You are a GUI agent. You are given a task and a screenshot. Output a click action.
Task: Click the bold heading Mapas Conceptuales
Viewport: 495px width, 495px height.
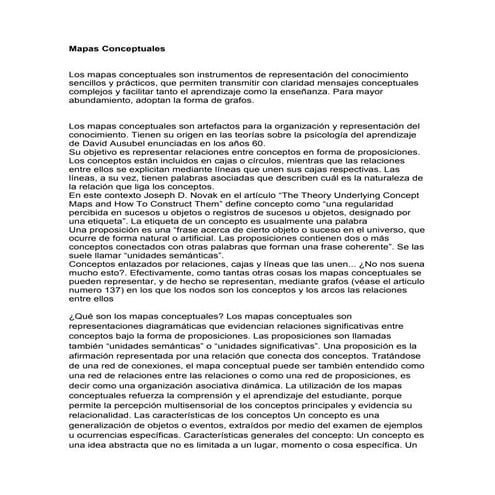tap(117, 48)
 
